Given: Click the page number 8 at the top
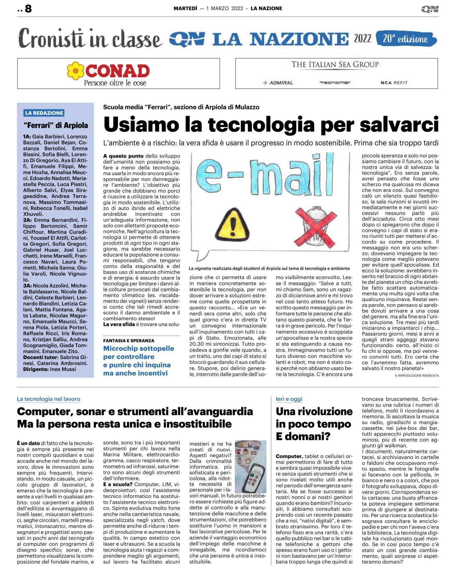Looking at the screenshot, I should (28, 9).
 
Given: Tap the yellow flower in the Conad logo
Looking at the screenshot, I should (75, 71).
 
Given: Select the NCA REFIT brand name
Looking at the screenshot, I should (394, 83).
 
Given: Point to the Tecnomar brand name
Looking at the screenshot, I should (335, 83).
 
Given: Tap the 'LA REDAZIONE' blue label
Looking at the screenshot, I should (44, 113).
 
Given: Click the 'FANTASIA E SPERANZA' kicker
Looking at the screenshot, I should (128, 341).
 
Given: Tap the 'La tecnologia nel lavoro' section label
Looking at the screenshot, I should (49, 399).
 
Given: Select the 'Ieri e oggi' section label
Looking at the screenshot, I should (289, 399).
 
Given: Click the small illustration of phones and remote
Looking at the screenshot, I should (251, 466).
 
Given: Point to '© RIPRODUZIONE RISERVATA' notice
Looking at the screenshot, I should (416, 376).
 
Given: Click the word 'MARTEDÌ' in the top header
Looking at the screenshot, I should (185, 9).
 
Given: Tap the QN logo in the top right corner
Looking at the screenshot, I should (429, 9).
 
